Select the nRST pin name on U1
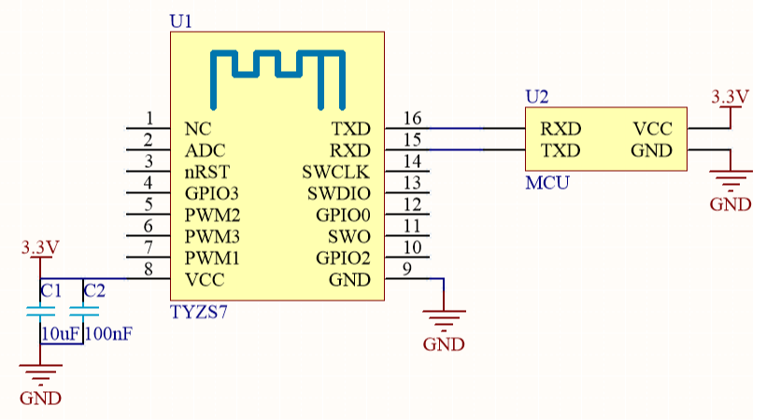point(206,172)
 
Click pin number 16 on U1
point(411,118)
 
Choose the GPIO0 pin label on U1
point(343,215)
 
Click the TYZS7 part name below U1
point(199,313)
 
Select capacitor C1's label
point(50,290)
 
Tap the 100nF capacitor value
point(108,333)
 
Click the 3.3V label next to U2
point(730,96)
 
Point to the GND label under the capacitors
point(40,398)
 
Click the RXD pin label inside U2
point(560,129)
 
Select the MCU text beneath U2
point(546,183)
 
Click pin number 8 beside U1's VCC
point(149,270)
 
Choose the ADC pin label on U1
point(205,150)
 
